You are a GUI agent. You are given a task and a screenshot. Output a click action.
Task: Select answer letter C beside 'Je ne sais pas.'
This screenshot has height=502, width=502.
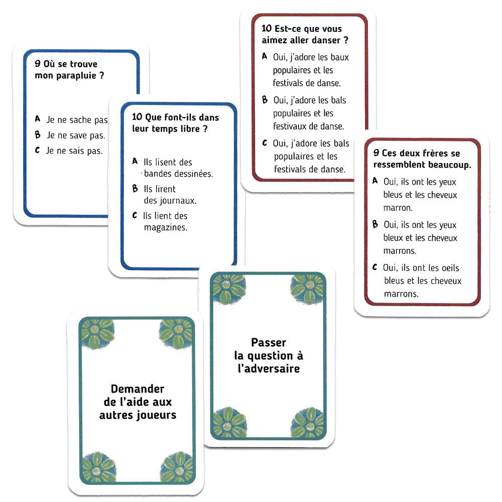point(37,150)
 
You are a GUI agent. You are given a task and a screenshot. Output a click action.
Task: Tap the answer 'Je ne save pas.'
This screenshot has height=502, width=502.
point(76,135)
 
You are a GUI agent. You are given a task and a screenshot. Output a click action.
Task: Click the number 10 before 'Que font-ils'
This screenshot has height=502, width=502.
point(137,117)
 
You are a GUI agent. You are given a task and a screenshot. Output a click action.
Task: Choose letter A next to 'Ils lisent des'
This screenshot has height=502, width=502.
point(135,162)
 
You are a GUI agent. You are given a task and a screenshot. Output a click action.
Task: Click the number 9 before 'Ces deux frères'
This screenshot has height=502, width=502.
point(376,153)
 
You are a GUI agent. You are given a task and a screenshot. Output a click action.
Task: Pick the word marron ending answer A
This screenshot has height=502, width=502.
point(398,207)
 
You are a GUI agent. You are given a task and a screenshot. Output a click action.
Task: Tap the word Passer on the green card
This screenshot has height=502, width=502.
point(269,343)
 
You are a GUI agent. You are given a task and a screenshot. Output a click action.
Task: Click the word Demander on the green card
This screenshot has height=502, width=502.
point(138,389)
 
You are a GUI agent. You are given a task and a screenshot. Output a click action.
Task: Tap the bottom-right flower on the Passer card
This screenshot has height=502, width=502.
point(307,423)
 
